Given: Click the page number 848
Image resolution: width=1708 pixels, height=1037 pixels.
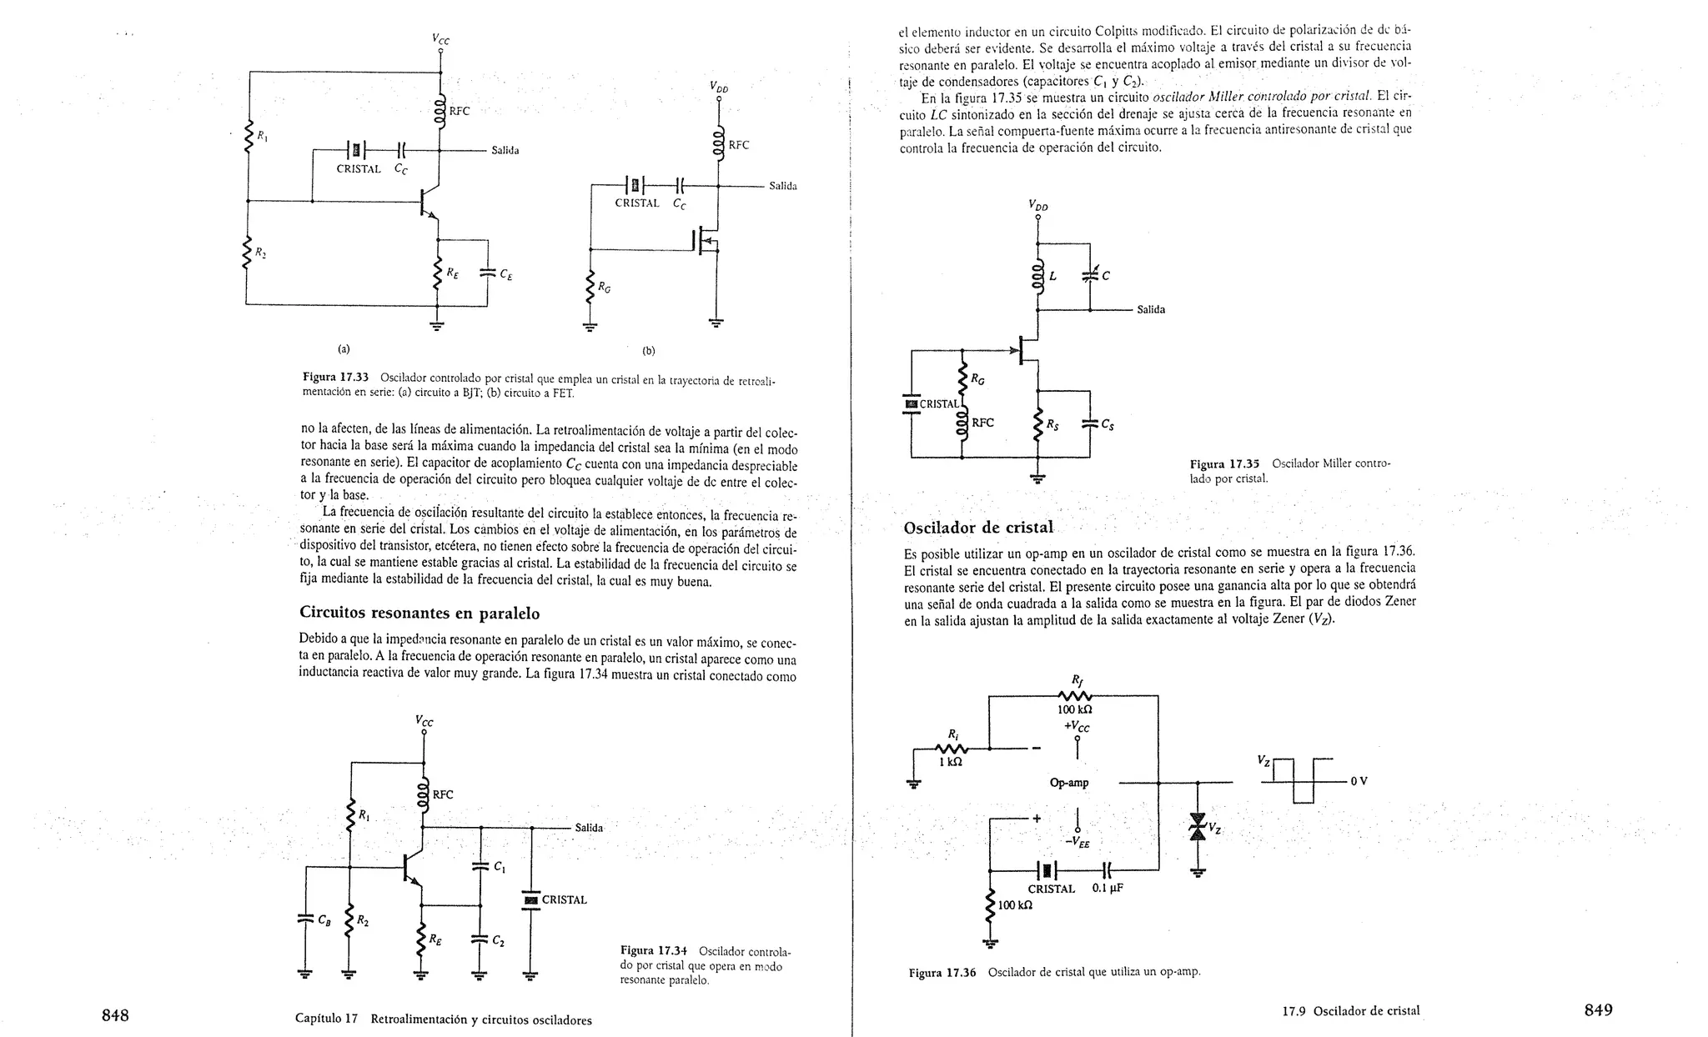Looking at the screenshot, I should (115, 1014).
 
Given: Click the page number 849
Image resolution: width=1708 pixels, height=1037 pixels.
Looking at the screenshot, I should (1598, 1009).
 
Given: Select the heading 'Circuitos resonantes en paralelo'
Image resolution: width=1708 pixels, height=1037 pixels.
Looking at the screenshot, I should (419, 614).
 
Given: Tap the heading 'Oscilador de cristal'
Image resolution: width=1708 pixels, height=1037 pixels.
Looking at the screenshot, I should (978, 528).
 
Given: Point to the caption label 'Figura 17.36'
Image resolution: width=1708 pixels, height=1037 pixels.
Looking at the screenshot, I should (942, 972).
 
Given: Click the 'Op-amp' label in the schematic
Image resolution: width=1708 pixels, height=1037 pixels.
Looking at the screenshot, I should (1068, 783).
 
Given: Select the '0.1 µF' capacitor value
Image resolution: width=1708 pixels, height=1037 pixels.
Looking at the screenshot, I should (1108, 889).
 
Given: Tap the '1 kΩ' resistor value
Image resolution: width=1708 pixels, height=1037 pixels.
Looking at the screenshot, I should (950, 761).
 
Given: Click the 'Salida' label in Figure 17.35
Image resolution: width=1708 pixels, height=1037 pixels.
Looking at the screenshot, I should (1151, 309).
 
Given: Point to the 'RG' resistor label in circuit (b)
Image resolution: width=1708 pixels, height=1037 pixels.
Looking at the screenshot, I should (604, 288).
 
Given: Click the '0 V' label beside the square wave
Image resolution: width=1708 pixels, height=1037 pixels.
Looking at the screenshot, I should (1359, 781).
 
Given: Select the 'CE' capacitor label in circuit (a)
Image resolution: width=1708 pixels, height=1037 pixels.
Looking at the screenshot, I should (506, 273).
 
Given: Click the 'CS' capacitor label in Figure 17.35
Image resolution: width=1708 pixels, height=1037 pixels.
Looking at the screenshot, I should (1108, 424).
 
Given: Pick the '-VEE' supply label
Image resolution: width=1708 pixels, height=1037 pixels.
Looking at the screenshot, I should (1078, 843).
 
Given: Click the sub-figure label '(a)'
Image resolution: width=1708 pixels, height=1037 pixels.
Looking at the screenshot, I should (344, 348).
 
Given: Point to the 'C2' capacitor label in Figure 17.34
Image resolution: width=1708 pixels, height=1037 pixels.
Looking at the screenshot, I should (499, 940).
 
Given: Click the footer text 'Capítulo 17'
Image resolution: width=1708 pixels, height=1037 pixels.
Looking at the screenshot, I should (326, 1019).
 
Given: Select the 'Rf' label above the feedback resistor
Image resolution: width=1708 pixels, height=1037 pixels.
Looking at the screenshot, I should (1076, 679).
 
